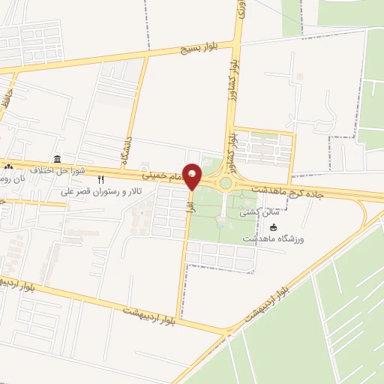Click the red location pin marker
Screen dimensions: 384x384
[192, 175]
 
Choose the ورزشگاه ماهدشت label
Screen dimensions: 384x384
[273, 238]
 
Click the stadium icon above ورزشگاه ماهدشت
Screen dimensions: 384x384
[273, 227]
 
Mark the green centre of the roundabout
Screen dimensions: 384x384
[226, 183]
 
